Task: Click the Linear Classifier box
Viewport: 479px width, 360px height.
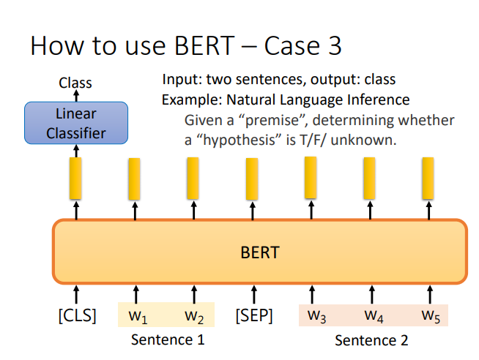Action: (76, 123)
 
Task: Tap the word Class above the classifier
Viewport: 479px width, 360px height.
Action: (75, 83)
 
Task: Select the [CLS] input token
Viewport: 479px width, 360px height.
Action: (78, 315)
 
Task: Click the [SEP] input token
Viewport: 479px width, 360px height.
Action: (254, 315)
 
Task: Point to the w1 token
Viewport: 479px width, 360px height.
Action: (138, 316)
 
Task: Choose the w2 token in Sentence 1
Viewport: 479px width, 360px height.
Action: (194, 316)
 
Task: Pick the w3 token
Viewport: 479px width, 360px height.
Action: (317, 316)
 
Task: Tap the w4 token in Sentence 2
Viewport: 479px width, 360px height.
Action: (374, 316)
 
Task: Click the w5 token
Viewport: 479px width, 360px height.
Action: (431, 316)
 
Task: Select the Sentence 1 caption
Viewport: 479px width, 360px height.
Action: (168, 340)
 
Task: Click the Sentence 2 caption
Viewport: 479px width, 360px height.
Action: (371, 340)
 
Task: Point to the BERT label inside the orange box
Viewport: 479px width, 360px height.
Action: (260, 252)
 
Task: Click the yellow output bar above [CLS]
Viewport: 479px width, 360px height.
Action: (75, 179)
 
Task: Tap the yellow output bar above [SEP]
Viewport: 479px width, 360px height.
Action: (252, 179)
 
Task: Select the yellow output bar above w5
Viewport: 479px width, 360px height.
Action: (428, 179)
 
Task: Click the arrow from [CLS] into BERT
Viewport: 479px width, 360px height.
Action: (76, 295)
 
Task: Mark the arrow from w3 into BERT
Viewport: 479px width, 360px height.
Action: (312, 295)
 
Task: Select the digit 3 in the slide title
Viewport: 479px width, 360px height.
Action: (335, 46)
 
